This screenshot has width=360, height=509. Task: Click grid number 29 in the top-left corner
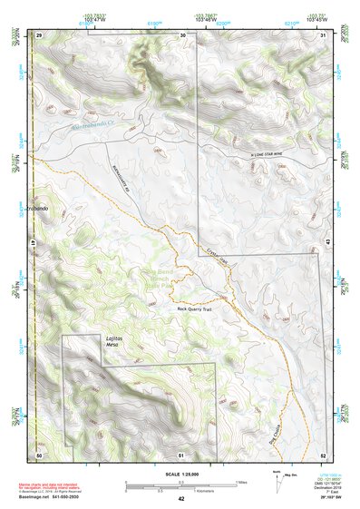pyautogui.click(x=39, y=34)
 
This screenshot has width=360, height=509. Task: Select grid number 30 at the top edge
pyautogui.click(x=183, y=34)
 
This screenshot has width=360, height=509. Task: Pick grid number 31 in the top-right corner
pyautogui.click(x=324, y=34)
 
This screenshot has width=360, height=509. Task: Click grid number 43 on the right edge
pyautogui.click(x=326, y=240)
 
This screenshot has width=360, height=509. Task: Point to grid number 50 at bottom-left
pyautogui.click(x=39, y=454)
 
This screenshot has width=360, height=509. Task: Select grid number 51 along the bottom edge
pyautogui.click(x=181, y=454)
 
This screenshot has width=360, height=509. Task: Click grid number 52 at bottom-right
pyautogui.click(x=324, y=454)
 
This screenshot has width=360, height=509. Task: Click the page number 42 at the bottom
pyautogui.click(x=181, y=498)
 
